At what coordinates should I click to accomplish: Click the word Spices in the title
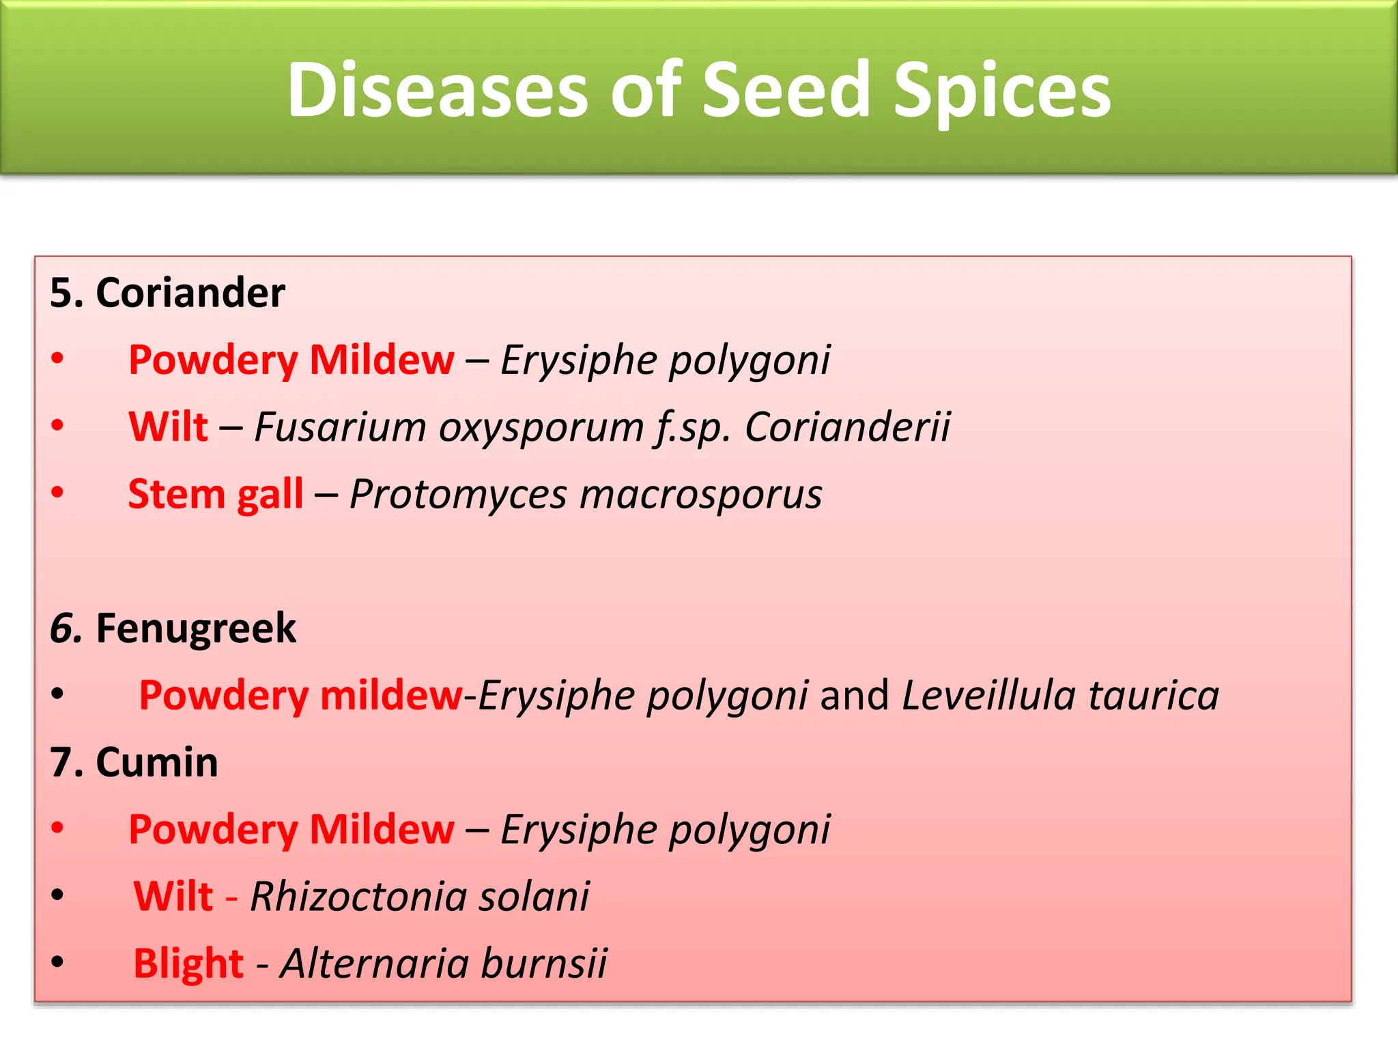coord(1002,90)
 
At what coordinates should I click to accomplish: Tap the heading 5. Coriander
coord(167,293)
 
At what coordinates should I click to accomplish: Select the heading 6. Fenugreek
coord(173,628)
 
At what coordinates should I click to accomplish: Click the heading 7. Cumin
coord(134,762)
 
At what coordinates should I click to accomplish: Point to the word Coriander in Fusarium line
coord(847,427)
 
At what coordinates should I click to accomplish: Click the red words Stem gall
coord(215,494)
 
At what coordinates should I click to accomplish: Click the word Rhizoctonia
coord(358,896)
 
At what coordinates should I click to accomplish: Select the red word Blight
coord(188,963)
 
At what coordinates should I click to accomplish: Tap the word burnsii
coord(543,963)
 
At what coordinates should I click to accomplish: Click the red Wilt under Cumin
coord(173,896)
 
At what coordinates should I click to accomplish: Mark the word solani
coord(533,896)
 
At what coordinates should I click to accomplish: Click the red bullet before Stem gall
coord(58,492)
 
